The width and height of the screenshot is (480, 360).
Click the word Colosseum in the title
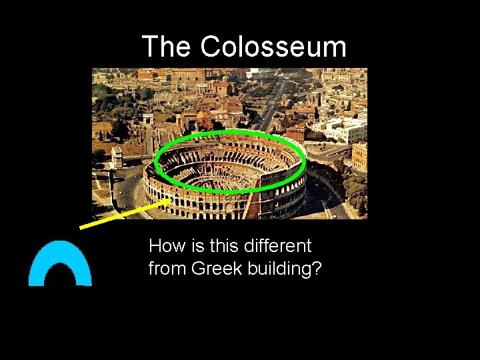click(x=273, y=47)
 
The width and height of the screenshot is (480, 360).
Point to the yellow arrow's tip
click(x=171, y=198)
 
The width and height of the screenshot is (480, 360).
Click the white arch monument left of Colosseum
click(x=117, y=157)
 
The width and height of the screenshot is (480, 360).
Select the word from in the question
click(x=165, y=269)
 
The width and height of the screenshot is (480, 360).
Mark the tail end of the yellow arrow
click(x=81, y=227)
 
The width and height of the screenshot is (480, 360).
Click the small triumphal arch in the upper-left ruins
click(x=148, y=118)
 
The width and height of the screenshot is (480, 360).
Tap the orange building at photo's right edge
click(x=359, y=155)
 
